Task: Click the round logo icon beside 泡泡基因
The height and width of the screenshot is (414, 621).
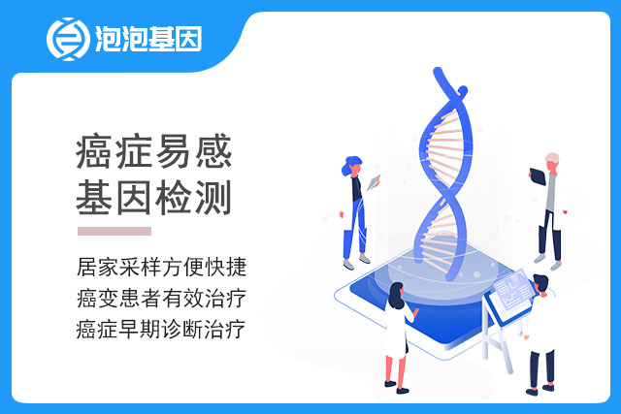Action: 68,39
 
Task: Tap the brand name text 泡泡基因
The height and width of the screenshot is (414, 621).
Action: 148,39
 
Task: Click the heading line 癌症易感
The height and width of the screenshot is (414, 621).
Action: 153,151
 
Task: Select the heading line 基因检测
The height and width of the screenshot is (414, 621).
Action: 153,198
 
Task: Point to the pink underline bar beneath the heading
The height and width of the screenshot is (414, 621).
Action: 114,231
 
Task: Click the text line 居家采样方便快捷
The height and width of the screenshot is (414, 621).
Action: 162,267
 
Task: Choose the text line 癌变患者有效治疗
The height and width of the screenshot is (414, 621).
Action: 162,298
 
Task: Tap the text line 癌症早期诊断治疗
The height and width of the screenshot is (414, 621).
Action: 161,330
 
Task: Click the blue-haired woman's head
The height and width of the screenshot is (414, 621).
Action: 351,166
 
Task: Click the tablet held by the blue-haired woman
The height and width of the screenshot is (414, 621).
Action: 374,182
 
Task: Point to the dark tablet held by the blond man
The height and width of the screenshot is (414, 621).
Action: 538,176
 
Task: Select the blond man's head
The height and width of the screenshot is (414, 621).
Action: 552,162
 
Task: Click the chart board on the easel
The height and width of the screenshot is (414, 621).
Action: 513,290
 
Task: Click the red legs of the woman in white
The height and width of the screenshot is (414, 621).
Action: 396,370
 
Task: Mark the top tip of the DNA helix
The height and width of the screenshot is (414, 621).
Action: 438,71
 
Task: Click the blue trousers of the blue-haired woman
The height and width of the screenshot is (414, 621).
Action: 355,229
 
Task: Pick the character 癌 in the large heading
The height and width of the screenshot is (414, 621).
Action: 94,151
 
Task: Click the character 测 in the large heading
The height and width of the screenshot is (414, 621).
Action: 213,198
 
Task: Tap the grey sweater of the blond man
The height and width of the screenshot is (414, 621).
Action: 551,192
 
